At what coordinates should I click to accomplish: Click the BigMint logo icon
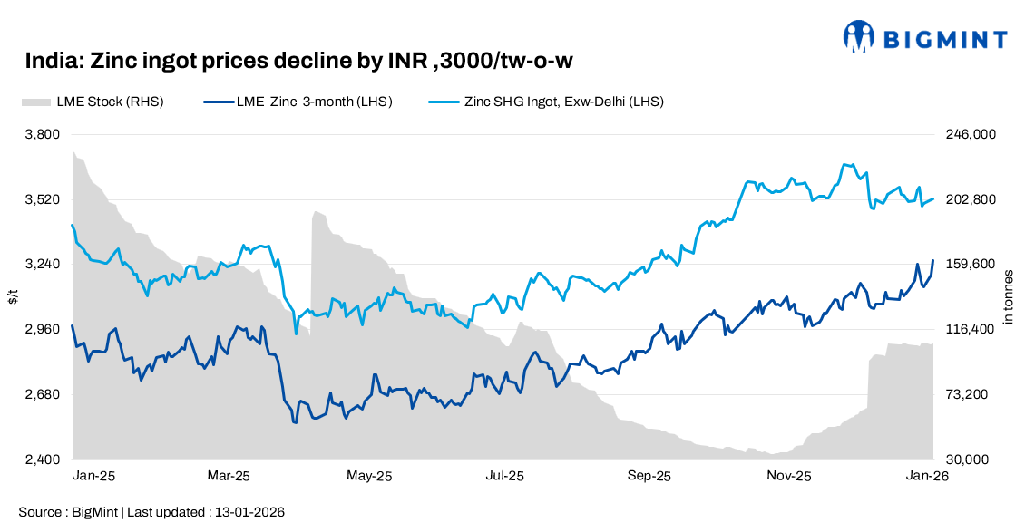[858, 36]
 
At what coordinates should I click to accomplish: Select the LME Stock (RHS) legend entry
[92, 102]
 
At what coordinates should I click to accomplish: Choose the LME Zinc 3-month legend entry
[298, 102]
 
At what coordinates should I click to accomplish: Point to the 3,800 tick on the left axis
[41, 134]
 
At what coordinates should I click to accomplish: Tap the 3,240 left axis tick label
[41, 265]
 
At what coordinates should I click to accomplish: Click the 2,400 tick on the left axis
[41, 460]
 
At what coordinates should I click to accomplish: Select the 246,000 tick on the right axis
[971, 134]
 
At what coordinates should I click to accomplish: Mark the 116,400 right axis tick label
[971, 330]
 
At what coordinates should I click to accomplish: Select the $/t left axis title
[13, 296]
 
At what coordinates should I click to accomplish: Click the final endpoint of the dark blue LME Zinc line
[933, 261]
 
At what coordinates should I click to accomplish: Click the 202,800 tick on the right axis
[971, 199]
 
